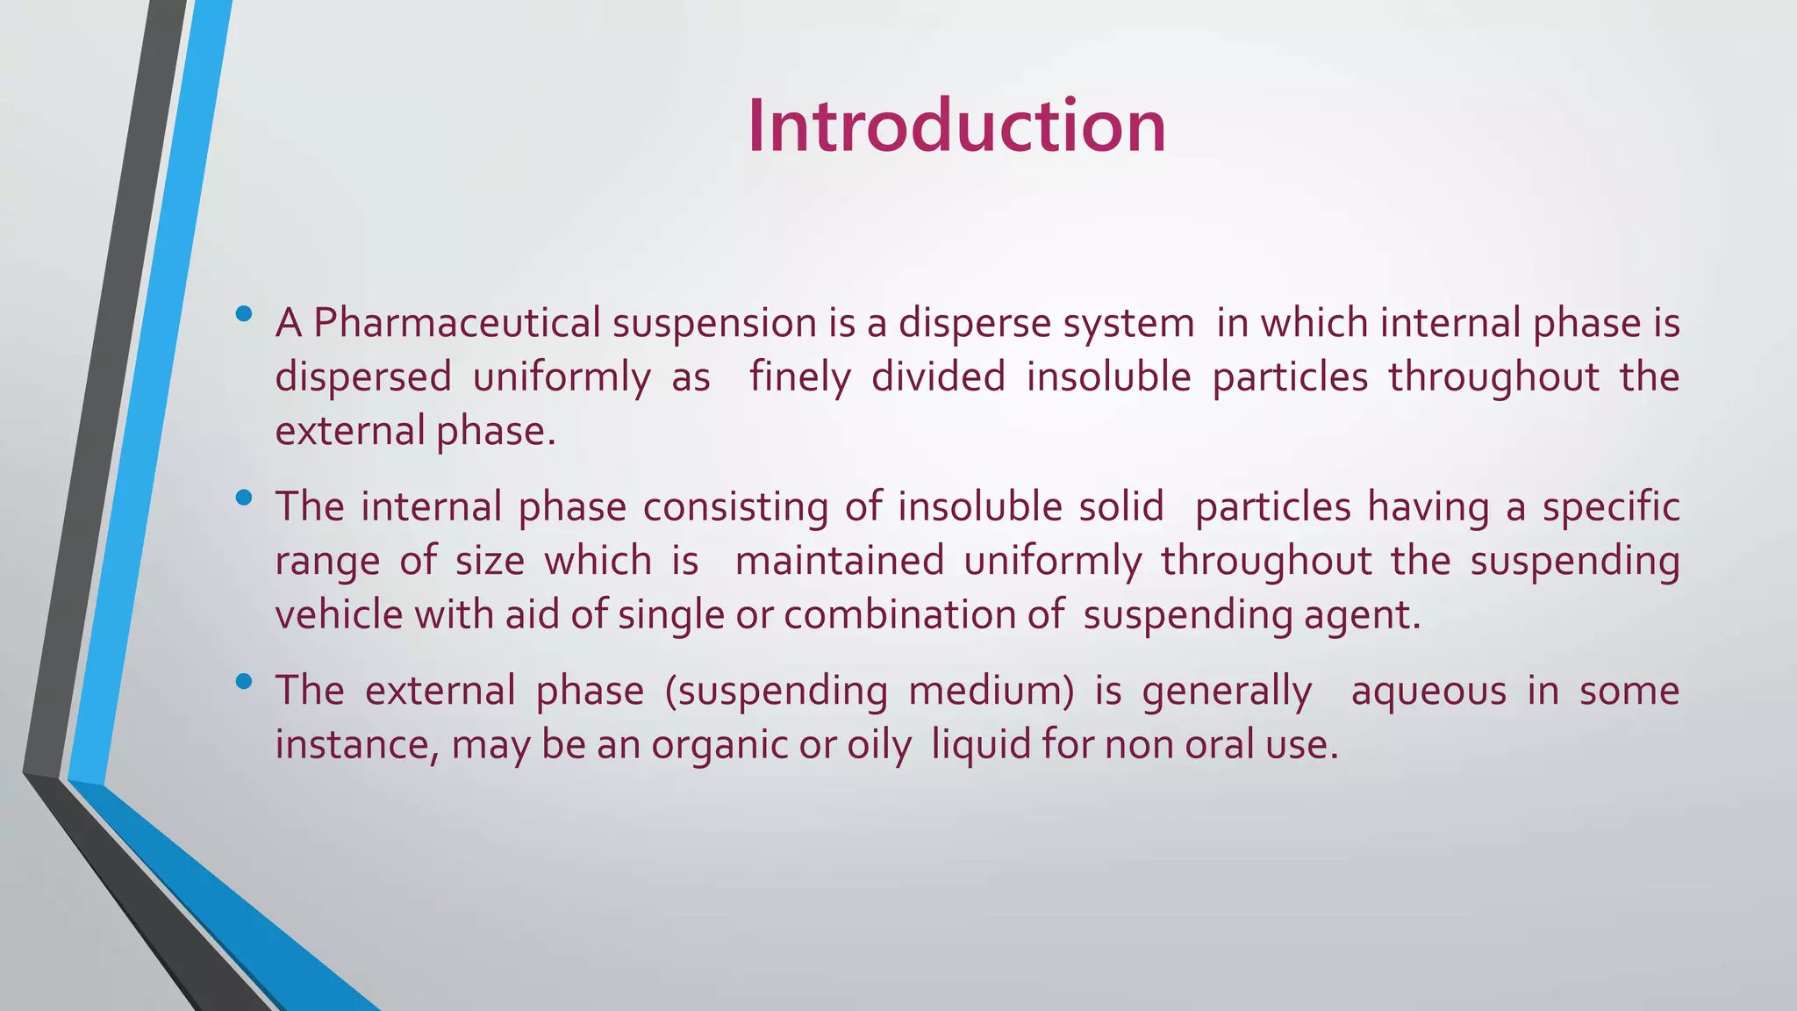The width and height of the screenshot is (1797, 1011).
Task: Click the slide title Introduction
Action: [x=956, y=126]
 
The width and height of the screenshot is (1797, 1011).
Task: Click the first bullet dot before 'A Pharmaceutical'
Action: [x=244, y=313]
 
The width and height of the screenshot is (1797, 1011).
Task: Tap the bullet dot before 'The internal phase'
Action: [x=244, y=498]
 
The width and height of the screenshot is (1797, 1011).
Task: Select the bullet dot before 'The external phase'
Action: [x=244, y=681]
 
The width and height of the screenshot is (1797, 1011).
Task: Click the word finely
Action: [x=799, y=377]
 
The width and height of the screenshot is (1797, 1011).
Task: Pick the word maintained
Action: [x=839, y=561]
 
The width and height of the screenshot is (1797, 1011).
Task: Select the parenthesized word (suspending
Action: [x=776, y=692]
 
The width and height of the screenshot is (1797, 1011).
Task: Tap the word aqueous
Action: [x=1428, y=692]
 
